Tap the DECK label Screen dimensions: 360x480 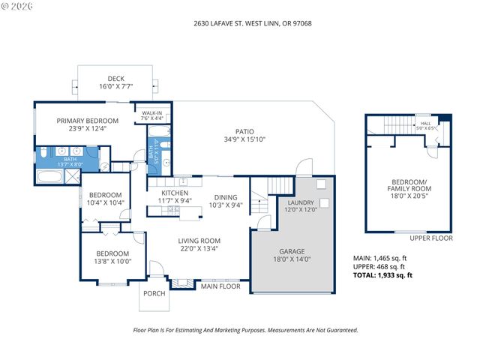pyautogui.click(x=115, y=79)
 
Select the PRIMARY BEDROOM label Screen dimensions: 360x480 pyautogui.click(x=88, y=121)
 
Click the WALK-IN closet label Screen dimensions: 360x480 pyautogui.click(x=153, y=112)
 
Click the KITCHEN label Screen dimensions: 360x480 pyautogui.click(x=175, y=193)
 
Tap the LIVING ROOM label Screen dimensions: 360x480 pyautogui.click(x=199, y=241)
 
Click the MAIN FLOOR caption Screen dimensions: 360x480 pyautogui.click(x=220, y=286)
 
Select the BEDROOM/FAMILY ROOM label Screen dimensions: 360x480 pyautogui.click(x=409, y=185)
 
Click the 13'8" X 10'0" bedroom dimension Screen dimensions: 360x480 pyautogui.click(x=112, y=262)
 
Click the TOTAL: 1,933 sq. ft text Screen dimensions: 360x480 pyautogui.click(x=382, y=275)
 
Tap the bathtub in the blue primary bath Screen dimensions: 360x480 pyautogui.click(x=50, y=177)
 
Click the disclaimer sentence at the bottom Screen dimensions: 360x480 pyautogui.click(x=245, y=330)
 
